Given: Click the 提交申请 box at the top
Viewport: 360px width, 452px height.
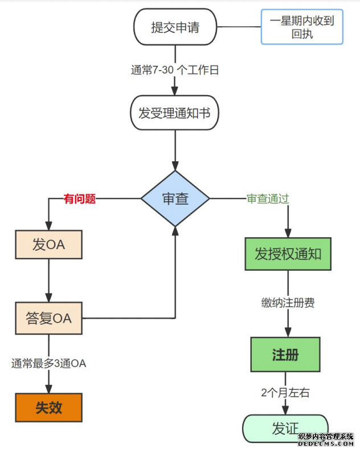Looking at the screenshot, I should (175, 27).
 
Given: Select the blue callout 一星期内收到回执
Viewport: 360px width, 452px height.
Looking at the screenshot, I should (302, 27).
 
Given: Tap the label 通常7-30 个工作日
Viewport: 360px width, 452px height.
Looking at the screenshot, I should (175, 71).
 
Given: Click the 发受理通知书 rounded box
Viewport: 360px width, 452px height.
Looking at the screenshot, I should (175, 113).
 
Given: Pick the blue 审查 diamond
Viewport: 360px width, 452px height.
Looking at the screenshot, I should (175, 198).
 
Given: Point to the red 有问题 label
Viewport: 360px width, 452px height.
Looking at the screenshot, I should (80, 199).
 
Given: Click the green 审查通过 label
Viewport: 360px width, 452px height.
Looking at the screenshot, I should (268, 199).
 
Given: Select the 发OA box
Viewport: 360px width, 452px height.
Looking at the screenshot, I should (48, 246).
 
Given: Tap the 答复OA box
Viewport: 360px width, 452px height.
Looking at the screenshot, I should (48, 318).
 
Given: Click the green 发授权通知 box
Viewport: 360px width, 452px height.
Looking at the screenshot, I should (288, 254).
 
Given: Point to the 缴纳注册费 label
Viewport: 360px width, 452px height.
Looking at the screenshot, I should (288, 303).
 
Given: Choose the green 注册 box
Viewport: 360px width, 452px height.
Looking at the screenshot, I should (285, 354).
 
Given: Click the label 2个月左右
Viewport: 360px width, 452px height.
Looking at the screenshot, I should (285, 393).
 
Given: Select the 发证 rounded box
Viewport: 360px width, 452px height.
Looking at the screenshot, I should (285, 428).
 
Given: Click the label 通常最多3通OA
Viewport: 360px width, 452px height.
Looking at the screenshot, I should (48, 363).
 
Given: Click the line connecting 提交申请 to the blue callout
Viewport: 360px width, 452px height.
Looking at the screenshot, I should (239, 27).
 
